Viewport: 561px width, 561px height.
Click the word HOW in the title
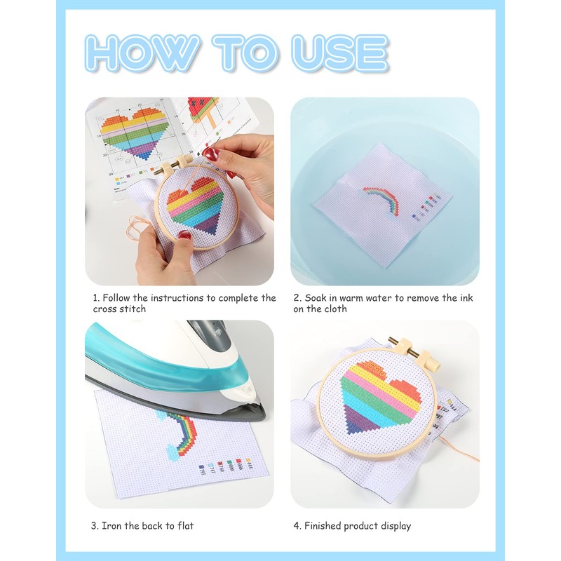click(x=143, y=52)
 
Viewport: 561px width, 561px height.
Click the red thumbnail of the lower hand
click(x=185, y=236)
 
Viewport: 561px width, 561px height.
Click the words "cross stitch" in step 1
click(x=119, y=309)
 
